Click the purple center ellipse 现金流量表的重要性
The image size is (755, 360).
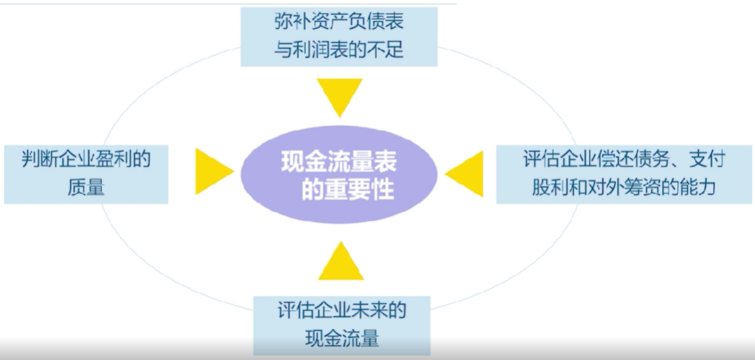[339, 174]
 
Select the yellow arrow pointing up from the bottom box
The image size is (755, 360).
[340, 260]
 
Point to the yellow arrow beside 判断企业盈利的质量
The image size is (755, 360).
[214, 172]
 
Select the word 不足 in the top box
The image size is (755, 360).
[387, 50]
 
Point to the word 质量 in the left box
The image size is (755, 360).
[86, 187]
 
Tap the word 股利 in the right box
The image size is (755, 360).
[548, 187]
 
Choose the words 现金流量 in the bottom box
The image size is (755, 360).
[342, 338]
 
